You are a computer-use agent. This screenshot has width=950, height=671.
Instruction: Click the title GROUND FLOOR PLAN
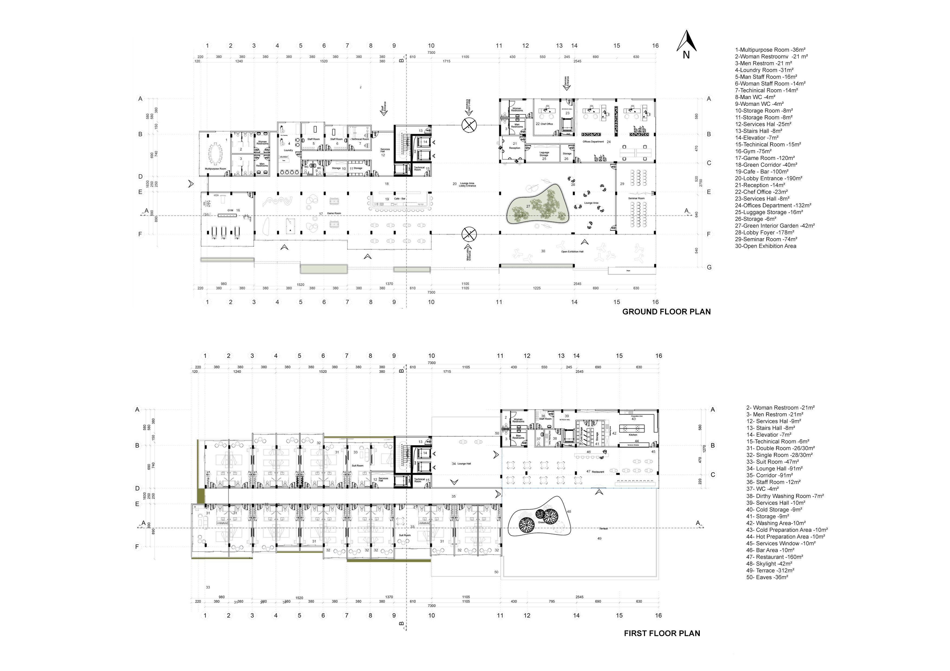point(666,312)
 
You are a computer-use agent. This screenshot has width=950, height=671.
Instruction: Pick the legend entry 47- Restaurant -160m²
point(775,557)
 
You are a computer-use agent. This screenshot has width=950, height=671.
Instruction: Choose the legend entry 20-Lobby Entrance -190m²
point(768,179)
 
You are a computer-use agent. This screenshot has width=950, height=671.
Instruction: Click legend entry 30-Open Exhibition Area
point(766,246)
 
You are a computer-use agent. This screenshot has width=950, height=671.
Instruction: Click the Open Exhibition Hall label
point(572,251)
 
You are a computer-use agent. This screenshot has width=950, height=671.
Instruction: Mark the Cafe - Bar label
point(400,199)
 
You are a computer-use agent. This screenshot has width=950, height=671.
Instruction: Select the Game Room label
point(334,213)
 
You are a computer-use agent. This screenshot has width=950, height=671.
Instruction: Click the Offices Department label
point(593,142)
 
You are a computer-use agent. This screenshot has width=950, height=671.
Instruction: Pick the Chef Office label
point(546,124)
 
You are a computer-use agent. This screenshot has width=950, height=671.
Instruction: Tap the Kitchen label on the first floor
point(633,435)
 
